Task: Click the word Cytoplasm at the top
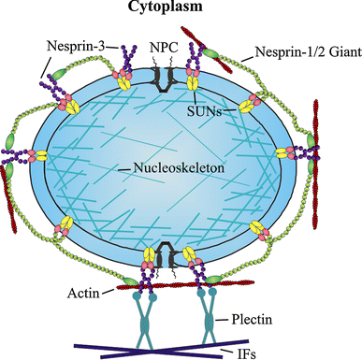[x=181, y=10]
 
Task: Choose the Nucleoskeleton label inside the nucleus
[x=172, y=168]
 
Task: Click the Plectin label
[x=252, y=320]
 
